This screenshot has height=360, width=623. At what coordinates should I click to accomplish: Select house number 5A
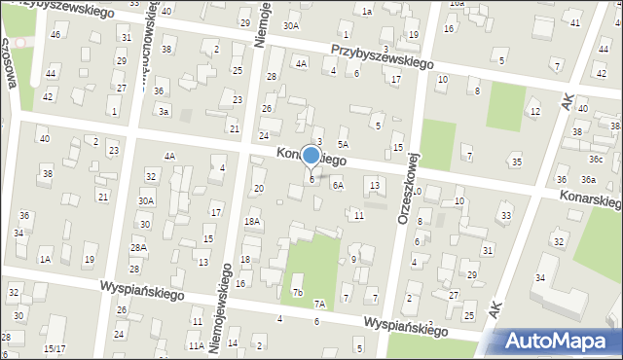point(343,143)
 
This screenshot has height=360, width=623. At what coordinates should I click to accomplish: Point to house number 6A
point(338,184)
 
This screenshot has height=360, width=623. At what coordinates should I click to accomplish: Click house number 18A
point(252,221)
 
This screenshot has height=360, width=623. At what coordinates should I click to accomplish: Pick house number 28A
point(138,247)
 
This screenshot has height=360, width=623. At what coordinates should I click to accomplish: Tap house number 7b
point(298,292)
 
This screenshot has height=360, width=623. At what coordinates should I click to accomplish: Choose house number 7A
point(319,304)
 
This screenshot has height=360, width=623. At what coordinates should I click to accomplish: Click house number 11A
point(196,345)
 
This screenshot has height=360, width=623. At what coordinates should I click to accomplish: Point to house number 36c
point(595,159)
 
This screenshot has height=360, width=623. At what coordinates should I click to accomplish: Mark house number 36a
point(588,179)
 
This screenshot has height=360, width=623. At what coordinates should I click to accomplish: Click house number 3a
point(165,112)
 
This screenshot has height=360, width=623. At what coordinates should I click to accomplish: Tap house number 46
point(55,34)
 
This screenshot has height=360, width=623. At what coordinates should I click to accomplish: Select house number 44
point(51,73)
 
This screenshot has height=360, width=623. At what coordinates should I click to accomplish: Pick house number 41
point(574,22)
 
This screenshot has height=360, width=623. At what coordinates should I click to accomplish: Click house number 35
point(516,162)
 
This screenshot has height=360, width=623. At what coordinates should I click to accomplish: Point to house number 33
point(505,215)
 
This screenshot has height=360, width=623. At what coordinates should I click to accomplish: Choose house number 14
point(233,343)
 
